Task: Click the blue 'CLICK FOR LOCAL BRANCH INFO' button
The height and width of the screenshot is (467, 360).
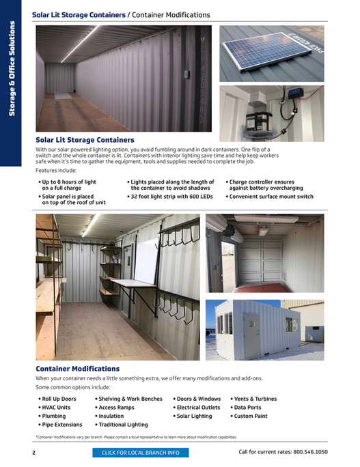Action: (x=140, y=452)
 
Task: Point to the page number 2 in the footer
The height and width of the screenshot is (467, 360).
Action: (x=33, y=452)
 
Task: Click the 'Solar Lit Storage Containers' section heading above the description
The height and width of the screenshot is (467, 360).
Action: (x=85, y=140)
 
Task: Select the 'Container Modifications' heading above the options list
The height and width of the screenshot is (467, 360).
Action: (x=77, y=369)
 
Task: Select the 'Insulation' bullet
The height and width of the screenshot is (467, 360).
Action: (x=111, y=416)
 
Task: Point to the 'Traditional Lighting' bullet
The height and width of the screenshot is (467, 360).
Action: (x=123, y=425)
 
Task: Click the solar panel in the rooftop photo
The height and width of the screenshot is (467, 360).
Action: (x=261, y=55)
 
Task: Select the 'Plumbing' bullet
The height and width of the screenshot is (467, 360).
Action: (x=54, y=416)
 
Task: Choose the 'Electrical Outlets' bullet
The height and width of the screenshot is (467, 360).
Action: (x=198, y=407)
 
